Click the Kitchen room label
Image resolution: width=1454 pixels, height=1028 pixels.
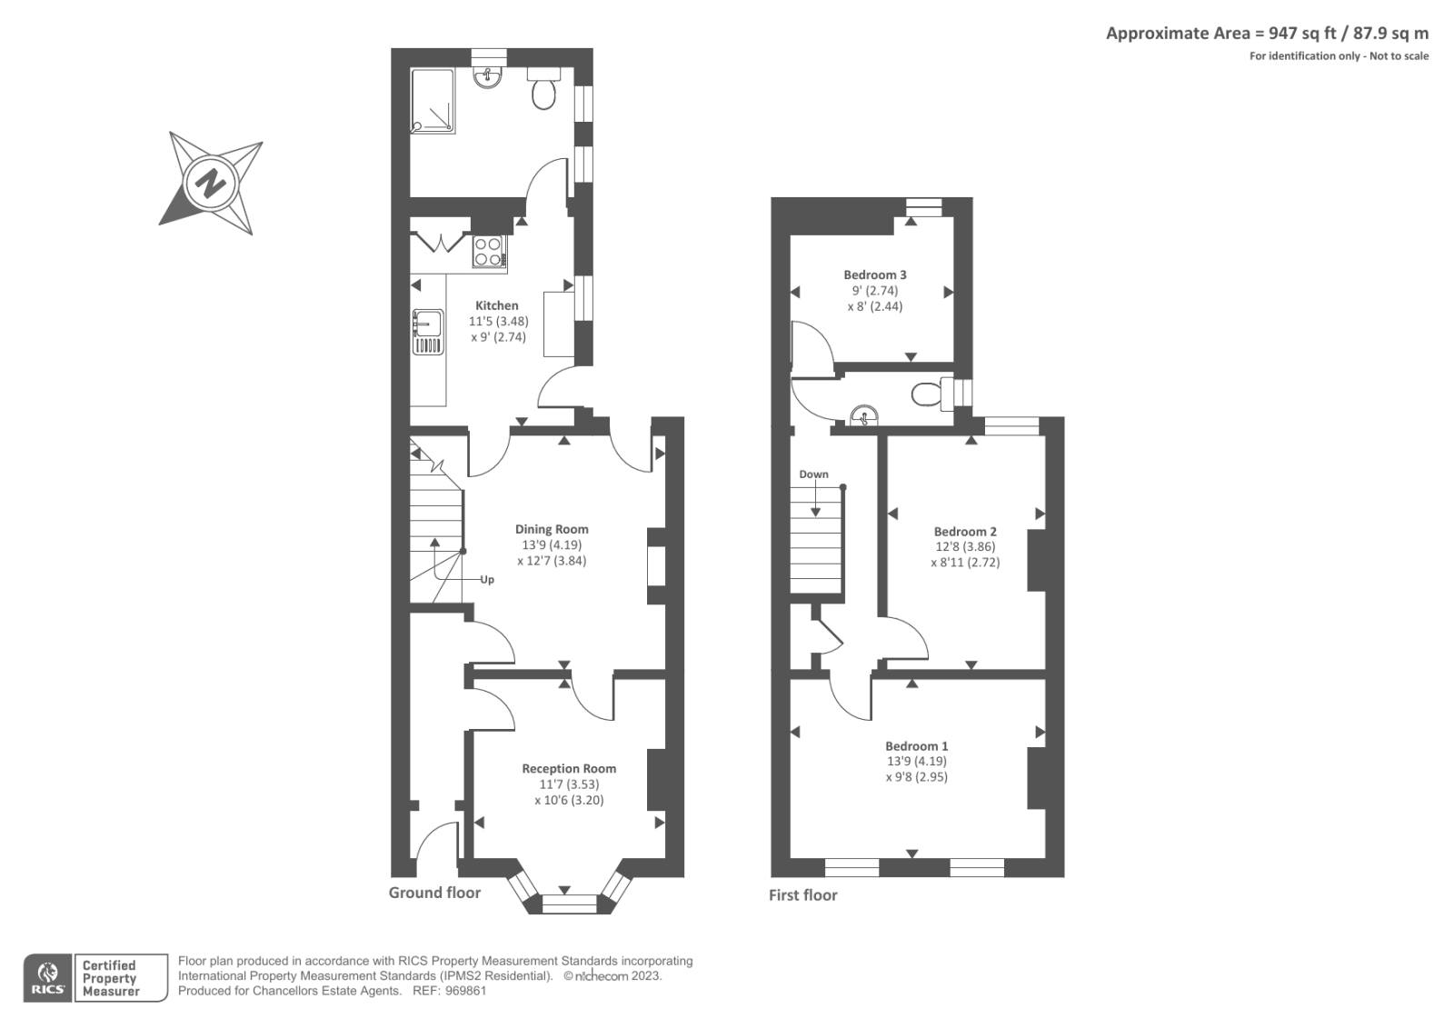[497, 306]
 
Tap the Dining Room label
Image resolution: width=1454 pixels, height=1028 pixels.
[552, 529]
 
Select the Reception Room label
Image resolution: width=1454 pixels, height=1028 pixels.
[569, 769]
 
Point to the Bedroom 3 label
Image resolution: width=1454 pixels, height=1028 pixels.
[875, 274]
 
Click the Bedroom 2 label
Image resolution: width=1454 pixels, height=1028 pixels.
[965, 532]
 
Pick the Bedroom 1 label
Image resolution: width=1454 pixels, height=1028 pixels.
[917, 746]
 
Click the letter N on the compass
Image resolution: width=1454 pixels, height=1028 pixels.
[211, 184]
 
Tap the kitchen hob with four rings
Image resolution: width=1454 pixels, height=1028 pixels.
[489, 252]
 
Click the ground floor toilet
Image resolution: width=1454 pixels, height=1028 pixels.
[544, 93]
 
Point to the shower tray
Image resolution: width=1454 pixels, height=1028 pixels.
[433, 100]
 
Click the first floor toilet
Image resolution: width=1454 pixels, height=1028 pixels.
[927, 394]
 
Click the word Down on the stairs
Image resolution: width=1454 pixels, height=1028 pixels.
[813, 474]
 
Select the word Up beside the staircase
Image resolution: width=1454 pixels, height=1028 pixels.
[487, 580]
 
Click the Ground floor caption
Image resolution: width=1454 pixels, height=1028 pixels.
[434, 893]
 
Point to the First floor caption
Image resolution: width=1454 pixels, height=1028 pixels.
[802, 895]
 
